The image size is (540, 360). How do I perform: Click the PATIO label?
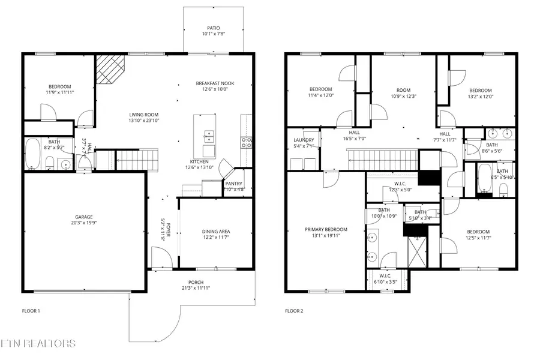click(213, 28)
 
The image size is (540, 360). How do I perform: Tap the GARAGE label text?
click(84, 217)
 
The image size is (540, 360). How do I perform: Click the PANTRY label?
click(233, 184)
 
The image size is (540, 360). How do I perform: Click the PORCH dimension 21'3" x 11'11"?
click(196, 290)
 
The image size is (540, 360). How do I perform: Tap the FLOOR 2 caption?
click(294, 311)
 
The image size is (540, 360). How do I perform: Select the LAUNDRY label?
click(304, 140)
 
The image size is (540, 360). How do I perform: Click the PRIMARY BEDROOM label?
click(326, 229)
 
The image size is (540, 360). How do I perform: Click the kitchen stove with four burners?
click(246, 142)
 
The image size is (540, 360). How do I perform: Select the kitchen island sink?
click(208, 134)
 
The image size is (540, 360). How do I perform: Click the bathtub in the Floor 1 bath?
click(32, 155)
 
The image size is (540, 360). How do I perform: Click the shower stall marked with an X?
click(416, 251)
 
